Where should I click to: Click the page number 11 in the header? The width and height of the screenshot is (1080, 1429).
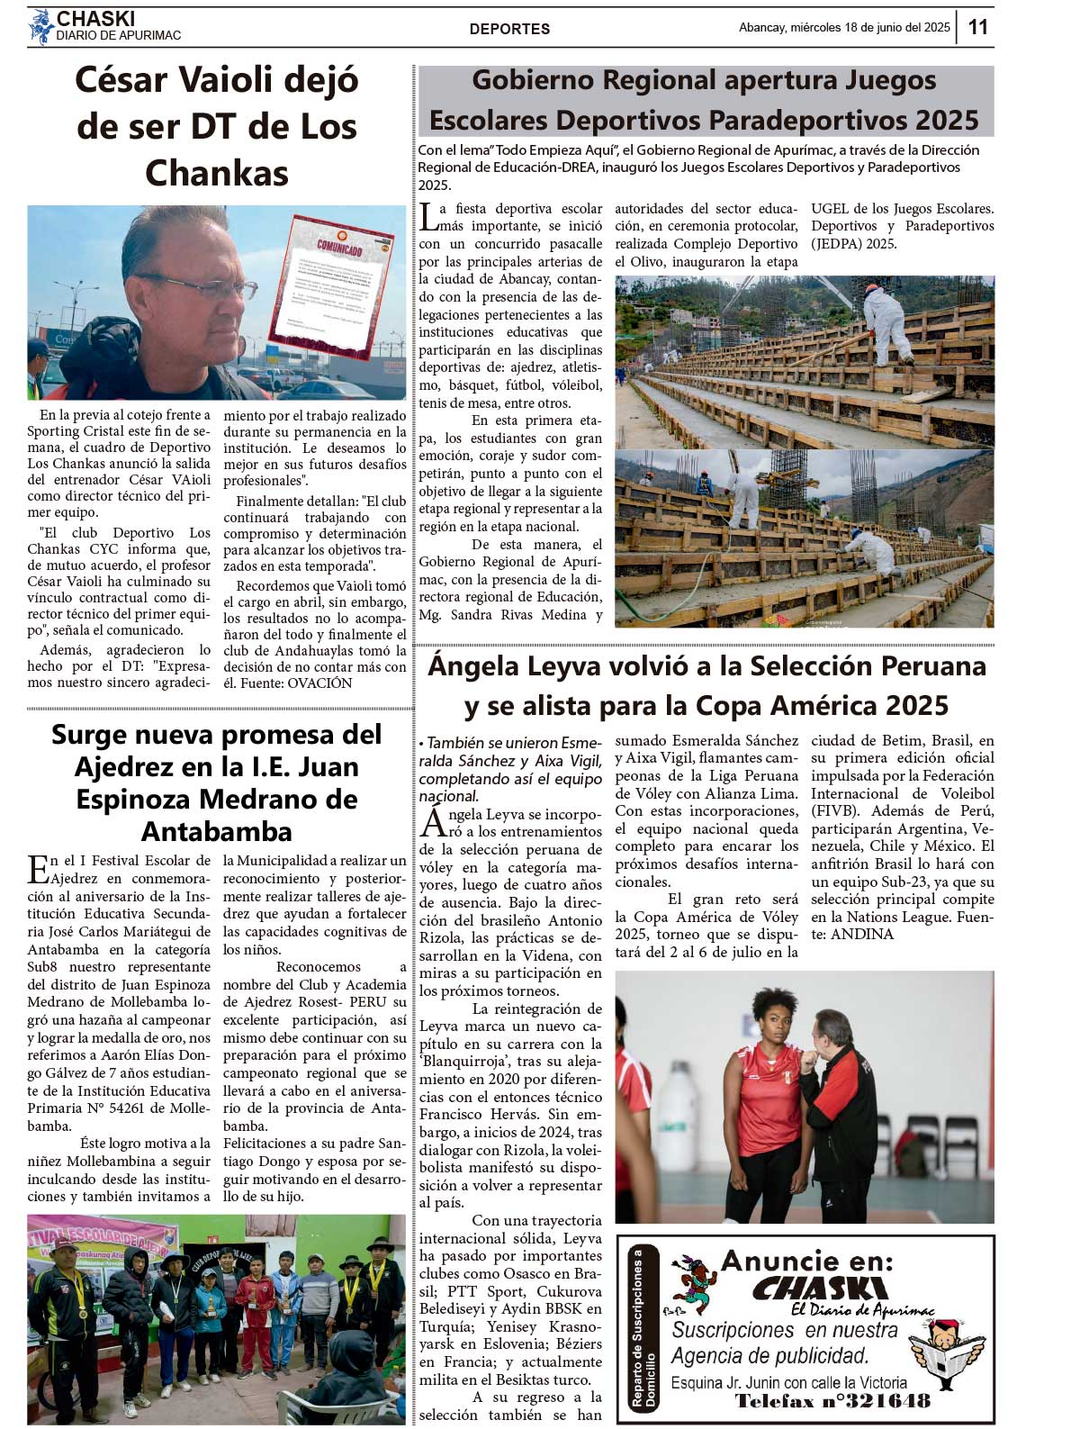coord(978,27)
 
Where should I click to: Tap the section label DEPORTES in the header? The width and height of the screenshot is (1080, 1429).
coord(509,29)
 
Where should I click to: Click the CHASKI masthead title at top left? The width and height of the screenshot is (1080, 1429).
coord(95,19)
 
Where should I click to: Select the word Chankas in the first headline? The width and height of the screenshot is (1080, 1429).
coord(216,173)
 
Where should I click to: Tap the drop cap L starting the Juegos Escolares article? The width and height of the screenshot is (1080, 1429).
coord(429,216)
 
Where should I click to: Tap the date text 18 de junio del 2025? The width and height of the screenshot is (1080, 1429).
coord(896,27)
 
